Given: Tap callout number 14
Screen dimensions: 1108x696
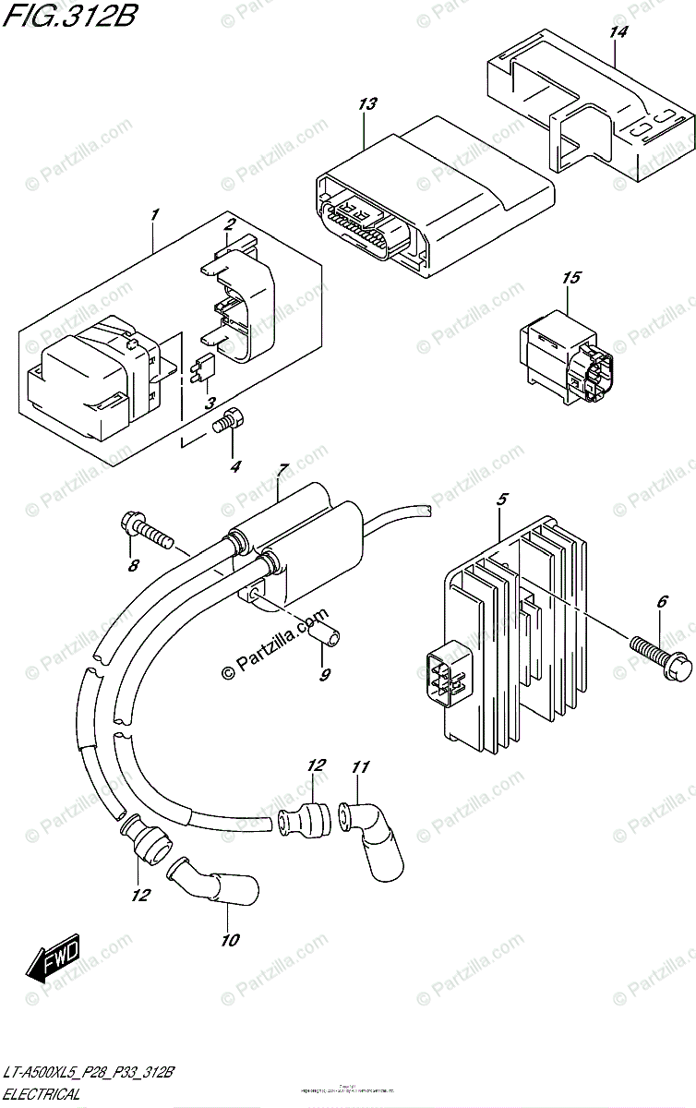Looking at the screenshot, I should coord(618,34).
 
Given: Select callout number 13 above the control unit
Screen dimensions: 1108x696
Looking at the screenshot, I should coord(367,105).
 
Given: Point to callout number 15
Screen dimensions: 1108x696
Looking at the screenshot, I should coord(571,278).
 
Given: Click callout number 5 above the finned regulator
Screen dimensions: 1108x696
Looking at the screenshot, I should coord(502,500).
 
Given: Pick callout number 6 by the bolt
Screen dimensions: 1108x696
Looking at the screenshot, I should coord(661,602).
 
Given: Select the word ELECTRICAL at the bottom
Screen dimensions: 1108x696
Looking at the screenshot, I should coord(41,1094).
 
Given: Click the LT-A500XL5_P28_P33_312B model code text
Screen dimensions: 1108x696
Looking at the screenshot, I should coord(89,1074).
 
